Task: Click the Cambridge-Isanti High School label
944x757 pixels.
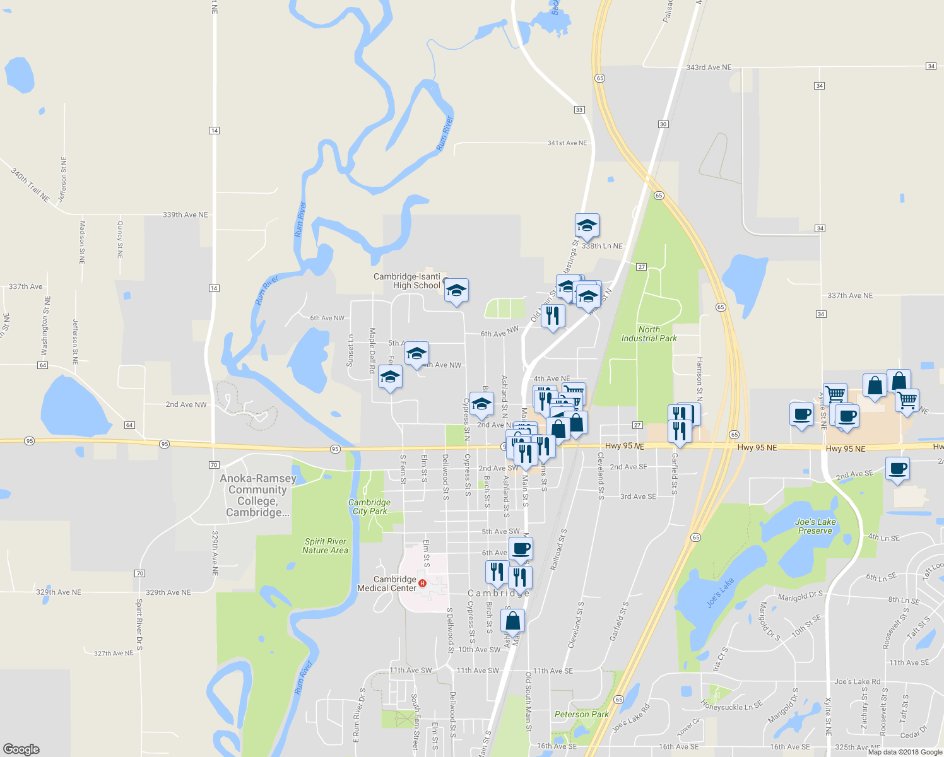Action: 407,281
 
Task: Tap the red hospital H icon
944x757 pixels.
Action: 423,584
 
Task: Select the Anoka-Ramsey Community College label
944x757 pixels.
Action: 257,496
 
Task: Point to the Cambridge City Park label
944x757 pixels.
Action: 369,507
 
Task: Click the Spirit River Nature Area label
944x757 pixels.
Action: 325,546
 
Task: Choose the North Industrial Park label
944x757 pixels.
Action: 649,334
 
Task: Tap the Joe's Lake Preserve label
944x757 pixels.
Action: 815,526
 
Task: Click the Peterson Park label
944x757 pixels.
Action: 581,714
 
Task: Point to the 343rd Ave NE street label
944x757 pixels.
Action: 709,67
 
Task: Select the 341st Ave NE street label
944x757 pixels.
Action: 567,143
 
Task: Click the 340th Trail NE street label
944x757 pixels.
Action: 30,184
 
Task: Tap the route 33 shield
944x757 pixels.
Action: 579,110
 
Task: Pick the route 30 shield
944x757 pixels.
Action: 663,124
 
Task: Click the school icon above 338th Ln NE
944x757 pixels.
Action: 587,225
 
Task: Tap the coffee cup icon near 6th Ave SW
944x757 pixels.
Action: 521,548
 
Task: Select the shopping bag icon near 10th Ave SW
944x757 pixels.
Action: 513,620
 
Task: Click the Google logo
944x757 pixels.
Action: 21,749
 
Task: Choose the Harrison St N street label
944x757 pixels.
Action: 699,378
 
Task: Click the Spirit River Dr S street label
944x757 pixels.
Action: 139,625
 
